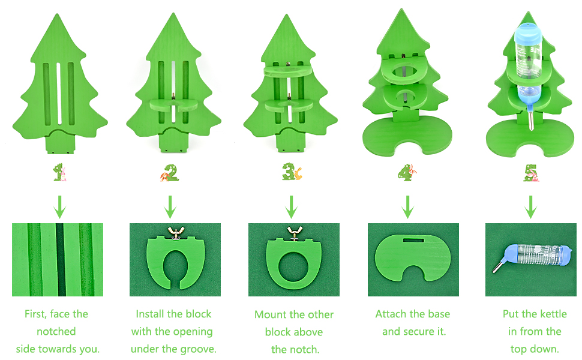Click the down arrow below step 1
(59, 207)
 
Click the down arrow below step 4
(408, 207)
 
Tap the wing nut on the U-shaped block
(176, 232)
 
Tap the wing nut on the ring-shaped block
(294, 232)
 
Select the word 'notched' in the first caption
(57, 331)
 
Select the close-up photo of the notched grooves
(58, 260)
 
